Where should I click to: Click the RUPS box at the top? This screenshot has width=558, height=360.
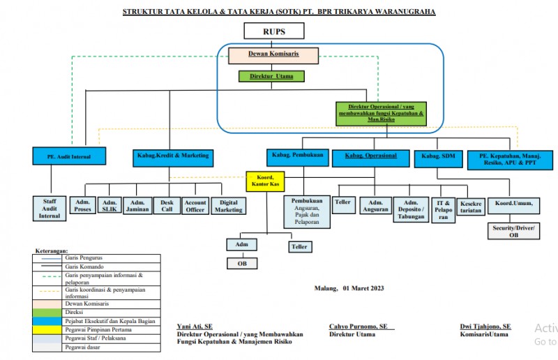pos(273,31)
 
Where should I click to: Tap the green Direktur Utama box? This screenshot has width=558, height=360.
pos(271,76)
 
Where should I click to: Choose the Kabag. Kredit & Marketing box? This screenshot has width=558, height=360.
pos(170,155)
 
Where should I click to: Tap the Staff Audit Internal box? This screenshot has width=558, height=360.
pos(50,207)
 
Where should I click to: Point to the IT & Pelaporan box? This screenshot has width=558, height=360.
pos(441,208)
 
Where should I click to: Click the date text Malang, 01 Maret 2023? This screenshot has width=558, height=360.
pos(349,287)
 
